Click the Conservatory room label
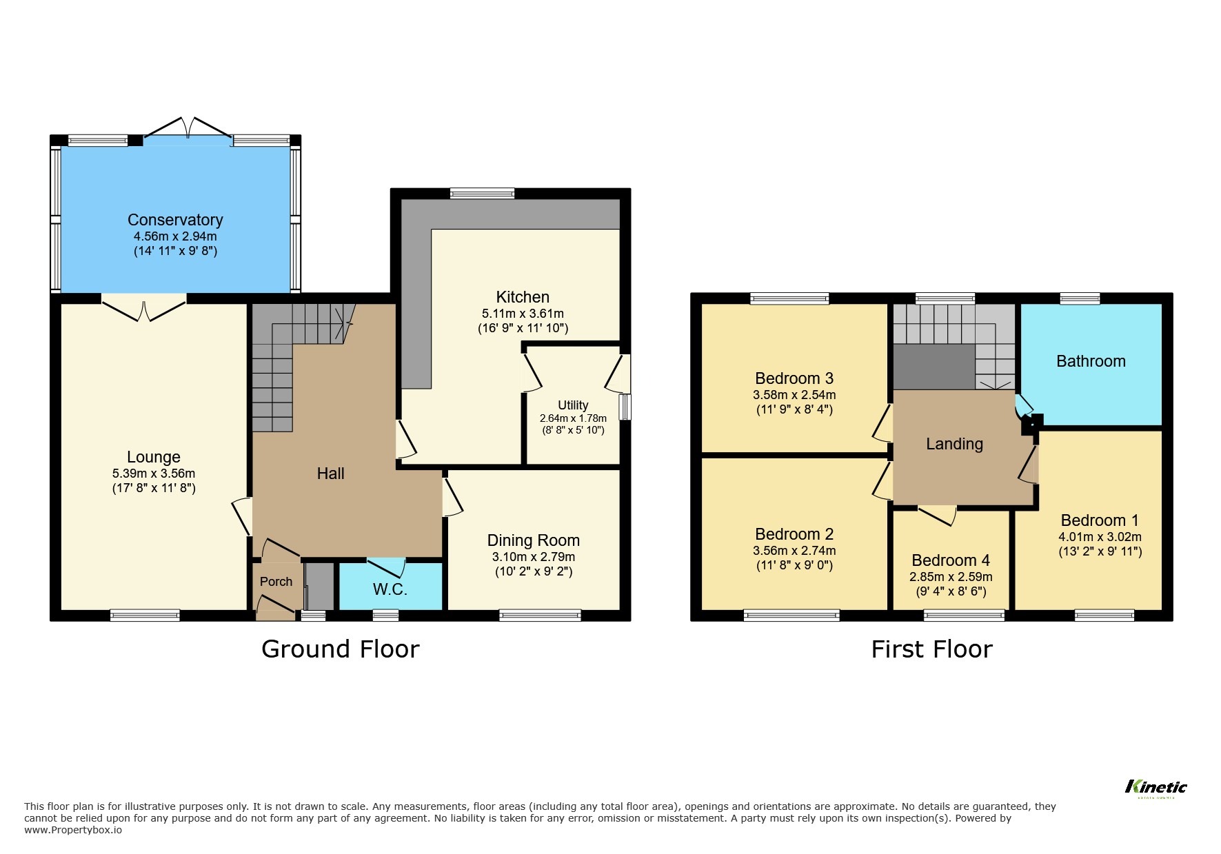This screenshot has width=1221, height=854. point(175,220)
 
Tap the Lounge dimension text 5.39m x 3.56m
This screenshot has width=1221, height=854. point(154,474)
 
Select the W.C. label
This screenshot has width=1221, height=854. point(390,589)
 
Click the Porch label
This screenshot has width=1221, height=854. point(276,582)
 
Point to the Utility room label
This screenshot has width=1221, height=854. point(573,405)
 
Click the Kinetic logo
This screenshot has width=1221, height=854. point(1156,787)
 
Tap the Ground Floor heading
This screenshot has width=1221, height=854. point(340,649)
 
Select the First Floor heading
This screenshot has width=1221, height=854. point(931,649)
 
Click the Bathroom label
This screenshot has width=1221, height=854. point(1091,361)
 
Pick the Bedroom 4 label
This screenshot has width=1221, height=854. point(951,560)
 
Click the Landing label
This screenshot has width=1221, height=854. point(954,444)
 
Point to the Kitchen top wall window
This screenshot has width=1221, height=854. point(482,194)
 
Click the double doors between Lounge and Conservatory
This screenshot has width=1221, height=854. point(144,307)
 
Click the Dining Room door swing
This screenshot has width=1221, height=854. point(452,498)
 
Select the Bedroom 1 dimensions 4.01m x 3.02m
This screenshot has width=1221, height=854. point(1100,537)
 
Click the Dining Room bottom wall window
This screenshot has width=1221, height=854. point(540,615)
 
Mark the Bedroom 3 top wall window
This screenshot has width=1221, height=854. point(789,298)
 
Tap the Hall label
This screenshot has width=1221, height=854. point(330,474)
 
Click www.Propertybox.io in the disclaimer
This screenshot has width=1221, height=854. point(73,830)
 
